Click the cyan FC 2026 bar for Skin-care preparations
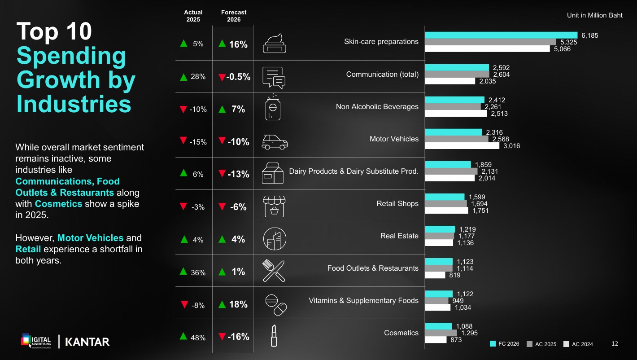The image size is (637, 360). tap(501, 35)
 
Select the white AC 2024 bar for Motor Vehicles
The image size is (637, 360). tap(462, 145)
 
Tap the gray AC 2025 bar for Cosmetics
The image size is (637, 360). tap(441, 333)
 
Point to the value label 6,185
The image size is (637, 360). tap(589, 35)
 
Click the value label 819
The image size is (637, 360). tap(454, 275)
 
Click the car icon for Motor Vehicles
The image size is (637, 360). tap(275, 142)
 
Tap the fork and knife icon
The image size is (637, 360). tap(274, 271)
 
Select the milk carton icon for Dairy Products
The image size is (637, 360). tap(273, 173)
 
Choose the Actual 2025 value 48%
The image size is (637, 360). tap(198, 338)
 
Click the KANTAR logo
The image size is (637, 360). tap(87, 342)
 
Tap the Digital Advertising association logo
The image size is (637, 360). tap(36, 341)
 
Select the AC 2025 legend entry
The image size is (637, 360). tap(541, 344)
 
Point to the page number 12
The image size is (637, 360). tap(615, 344)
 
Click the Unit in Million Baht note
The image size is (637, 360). tap(594, 15)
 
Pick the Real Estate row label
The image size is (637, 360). tap(399, 236)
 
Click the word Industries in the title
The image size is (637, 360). tap(74, 103)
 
